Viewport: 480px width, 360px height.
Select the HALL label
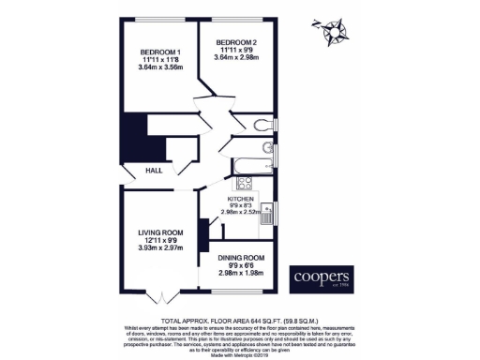pos(154,170)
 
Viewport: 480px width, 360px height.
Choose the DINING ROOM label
pos(242,258)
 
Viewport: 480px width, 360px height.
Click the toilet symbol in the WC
pos(263,125)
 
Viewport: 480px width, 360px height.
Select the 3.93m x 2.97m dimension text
pos(158,248)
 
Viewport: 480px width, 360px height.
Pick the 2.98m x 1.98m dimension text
pos(242,273)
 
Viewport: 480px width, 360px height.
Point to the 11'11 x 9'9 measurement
pos(236,52)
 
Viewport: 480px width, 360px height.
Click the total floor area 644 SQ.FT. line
pos(240,320)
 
